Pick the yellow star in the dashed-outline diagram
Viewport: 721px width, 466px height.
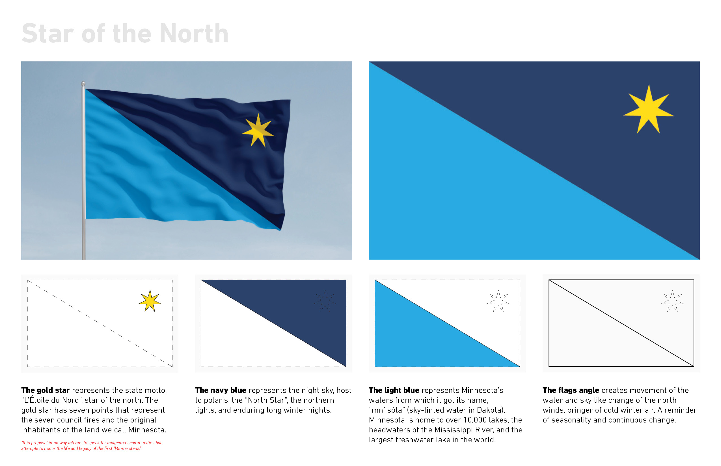tap(150, 301)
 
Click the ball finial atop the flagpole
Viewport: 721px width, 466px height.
tap(83, 84)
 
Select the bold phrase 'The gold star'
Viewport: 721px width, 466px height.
tap(46, 390)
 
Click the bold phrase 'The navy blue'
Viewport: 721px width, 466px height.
tap(221, 390)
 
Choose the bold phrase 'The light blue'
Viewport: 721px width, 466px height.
tap(394, 390)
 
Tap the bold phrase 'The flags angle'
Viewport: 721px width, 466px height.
tap(571, 390)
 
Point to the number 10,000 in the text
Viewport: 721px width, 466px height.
tap(475, 420)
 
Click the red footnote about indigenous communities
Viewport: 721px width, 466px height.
tap(91, 445)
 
